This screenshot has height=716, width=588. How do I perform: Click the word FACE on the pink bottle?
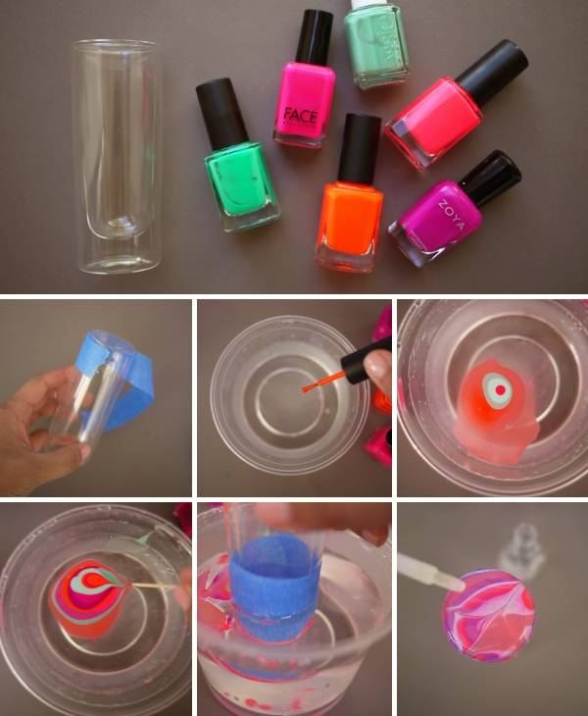coord(301,116)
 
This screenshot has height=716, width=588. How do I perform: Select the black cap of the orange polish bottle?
coord(359,147)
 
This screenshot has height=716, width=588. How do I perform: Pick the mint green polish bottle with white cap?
coord(376,45)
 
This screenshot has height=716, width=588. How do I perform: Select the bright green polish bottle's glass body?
coord(242,187)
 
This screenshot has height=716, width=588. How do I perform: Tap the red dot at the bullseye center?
coord(500,389)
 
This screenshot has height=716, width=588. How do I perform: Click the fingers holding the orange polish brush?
coord(377,369)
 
